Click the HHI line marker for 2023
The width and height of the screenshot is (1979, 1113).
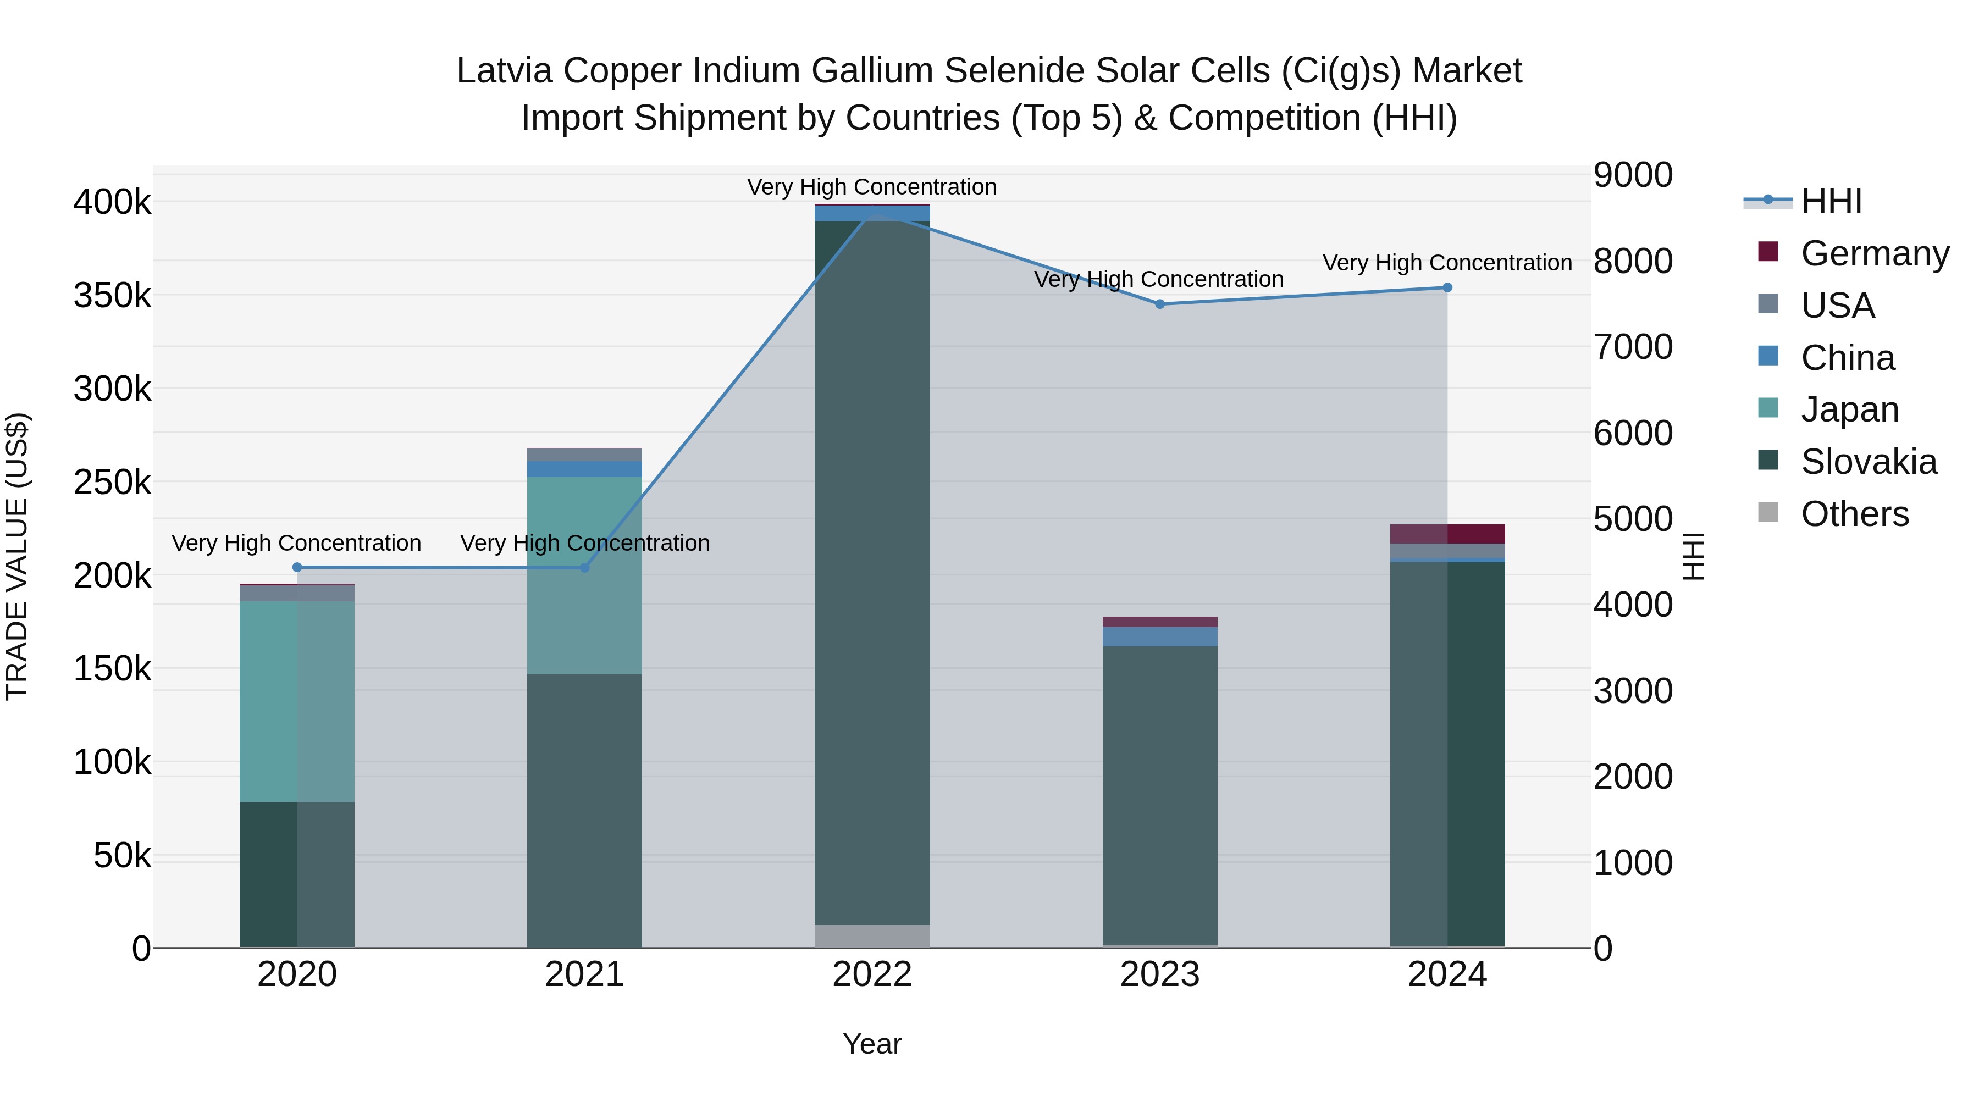point(1160,304)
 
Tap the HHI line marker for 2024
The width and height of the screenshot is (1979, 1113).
point(1447,288)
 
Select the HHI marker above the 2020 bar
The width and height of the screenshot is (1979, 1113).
point(297,568)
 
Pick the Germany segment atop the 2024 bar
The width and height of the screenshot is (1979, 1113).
point(1447,534)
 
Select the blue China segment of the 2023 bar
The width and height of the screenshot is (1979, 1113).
point(1160,637)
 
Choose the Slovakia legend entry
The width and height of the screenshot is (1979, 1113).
point(1869,462)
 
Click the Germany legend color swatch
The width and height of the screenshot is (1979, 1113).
point(1768,252)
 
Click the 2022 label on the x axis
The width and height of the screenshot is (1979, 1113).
point(872,974)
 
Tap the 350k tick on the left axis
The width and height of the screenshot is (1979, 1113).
point(112,296)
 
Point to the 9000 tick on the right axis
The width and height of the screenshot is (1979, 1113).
point(1633,175)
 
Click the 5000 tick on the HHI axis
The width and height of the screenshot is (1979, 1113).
point(1633,519)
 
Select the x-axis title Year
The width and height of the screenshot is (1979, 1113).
point(872,1044)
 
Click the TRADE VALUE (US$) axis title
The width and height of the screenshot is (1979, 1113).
point(18,556)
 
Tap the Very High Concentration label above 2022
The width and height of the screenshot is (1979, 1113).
point(872,187)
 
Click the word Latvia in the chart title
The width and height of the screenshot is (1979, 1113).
point(503,71)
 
